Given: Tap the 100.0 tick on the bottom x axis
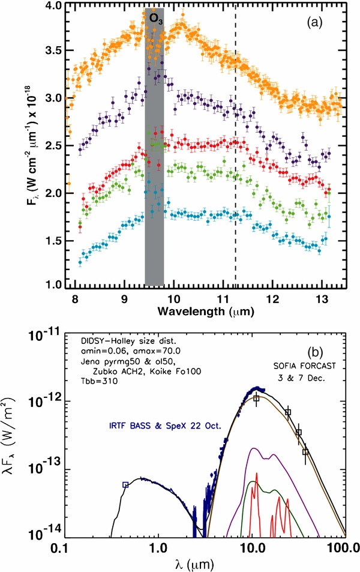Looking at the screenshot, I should point(344,547).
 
